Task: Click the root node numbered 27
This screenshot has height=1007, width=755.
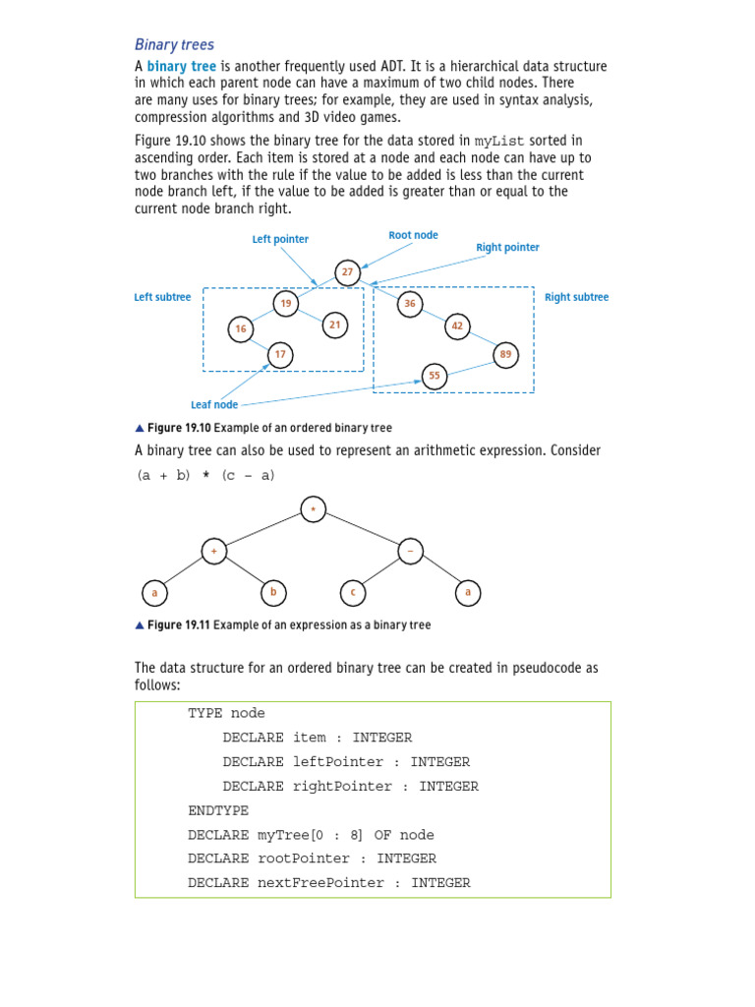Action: tap(347, 271)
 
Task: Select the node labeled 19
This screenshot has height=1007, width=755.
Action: tap(286, 304)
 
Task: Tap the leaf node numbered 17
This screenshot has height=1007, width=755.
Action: tap(280, 354)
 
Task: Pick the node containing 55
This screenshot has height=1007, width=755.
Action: tap(434, 376)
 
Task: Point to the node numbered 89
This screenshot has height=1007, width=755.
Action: tap(505, 354)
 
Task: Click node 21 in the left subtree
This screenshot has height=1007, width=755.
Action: tap(334, 324)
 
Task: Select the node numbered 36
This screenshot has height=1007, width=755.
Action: tap(410, 304)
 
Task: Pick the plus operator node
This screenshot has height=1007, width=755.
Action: tap(214, 552)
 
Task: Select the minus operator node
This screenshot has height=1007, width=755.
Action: tap(410, 552)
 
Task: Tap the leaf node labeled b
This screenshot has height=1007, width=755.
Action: tap(273, 592)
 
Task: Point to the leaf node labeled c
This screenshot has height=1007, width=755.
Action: tap(352, 592)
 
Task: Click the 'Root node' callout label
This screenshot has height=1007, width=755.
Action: tap(413, 236)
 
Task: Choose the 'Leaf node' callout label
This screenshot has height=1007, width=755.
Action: tap(214, 404)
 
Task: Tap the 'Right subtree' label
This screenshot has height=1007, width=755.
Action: tap(576, 297)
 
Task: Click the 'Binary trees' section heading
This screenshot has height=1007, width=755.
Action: tap(174, 44)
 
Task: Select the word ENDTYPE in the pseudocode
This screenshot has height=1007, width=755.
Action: tap(218, 811)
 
